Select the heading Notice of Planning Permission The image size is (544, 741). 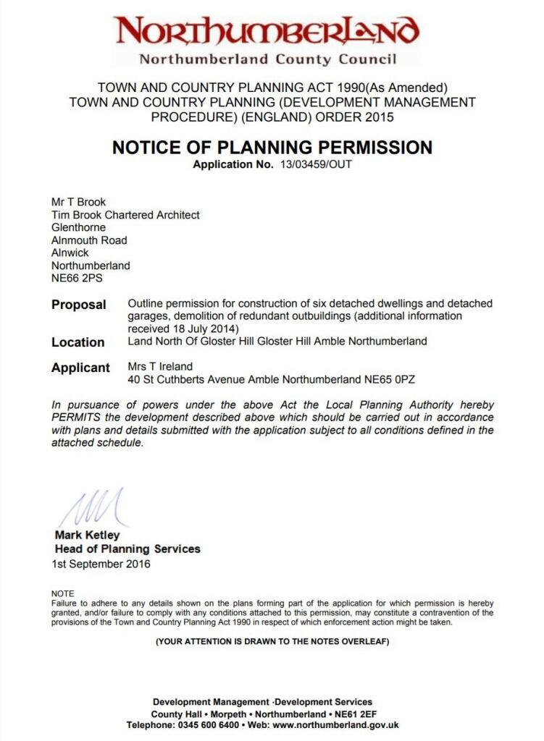click(x=272, y=148)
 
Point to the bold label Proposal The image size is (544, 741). click(x=78, y=305)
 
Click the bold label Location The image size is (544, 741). click(x=78, y=342)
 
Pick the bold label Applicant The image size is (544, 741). click(x=80, y=368)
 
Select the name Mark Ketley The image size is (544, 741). click(x=87, y=535)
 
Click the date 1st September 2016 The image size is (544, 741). click(x=101, y=564)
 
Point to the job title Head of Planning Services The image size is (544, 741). click(x=127, y=549)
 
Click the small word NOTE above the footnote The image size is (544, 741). click(x=62, y=593)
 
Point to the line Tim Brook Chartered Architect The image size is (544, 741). click(x=125, y=215)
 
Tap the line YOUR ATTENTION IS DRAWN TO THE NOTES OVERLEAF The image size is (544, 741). click(x=272, y=641)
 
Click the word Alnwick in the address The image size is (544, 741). click(x=70, y=253)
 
